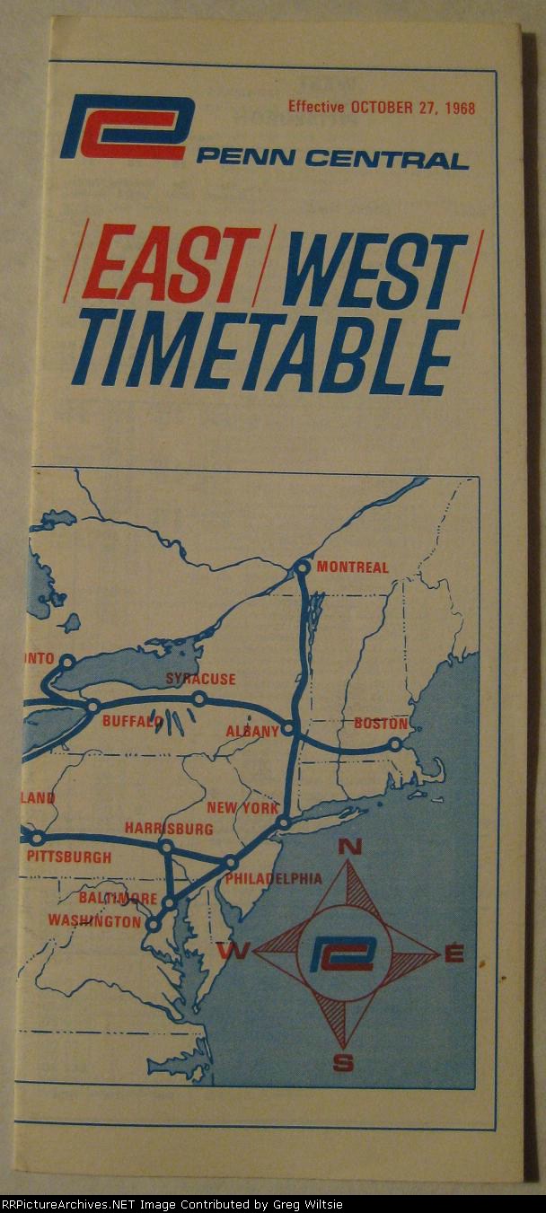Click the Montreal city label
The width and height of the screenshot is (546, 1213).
pyautogui.click(x=352, y=567)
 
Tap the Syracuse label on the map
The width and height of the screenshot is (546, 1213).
pyautogui.click(x=200, y=680)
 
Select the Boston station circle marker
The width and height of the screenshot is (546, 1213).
pyautogui.click(x=394, y=744)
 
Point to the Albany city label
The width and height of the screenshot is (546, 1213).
pyautogui.click(x=252, y=731)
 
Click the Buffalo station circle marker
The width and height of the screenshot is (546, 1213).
pyautogui.click(x=92, y=707)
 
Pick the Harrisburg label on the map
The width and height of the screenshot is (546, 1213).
pyautogui.click(x=169, y=829)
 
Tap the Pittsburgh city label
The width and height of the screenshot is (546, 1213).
pyautogui.click(x=69, y=857)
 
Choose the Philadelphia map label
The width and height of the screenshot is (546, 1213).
pyautogui.click(x=273, y=878)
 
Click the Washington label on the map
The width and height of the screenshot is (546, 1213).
pyautogui.click(x=94, y=921)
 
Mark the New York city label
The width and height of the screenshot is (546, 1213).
pyautogui.click(x=242, y=808)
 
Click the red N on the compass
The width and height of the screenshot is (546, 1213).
pyautogui.click(x=350, y=847)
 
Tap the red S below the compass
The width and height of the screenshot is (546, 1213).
pyautogui.click(x=343, y=1064)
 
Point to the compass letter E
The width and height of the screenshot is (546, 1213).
pyautogui.click(x=454, y=954)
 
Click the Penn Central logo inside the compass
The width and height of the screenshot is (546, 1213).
pyautogui.click(x=341, y=954)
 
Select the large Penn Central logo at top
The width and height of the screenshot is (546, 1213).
pyautogui.click(x=127, y=127)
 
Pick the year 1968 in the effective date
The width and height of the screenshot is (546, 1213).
pyautogui.click(x=457, y=108)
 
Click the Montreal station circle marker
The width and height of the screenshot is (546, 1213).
pyautogui.click(x=303, y=567)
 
